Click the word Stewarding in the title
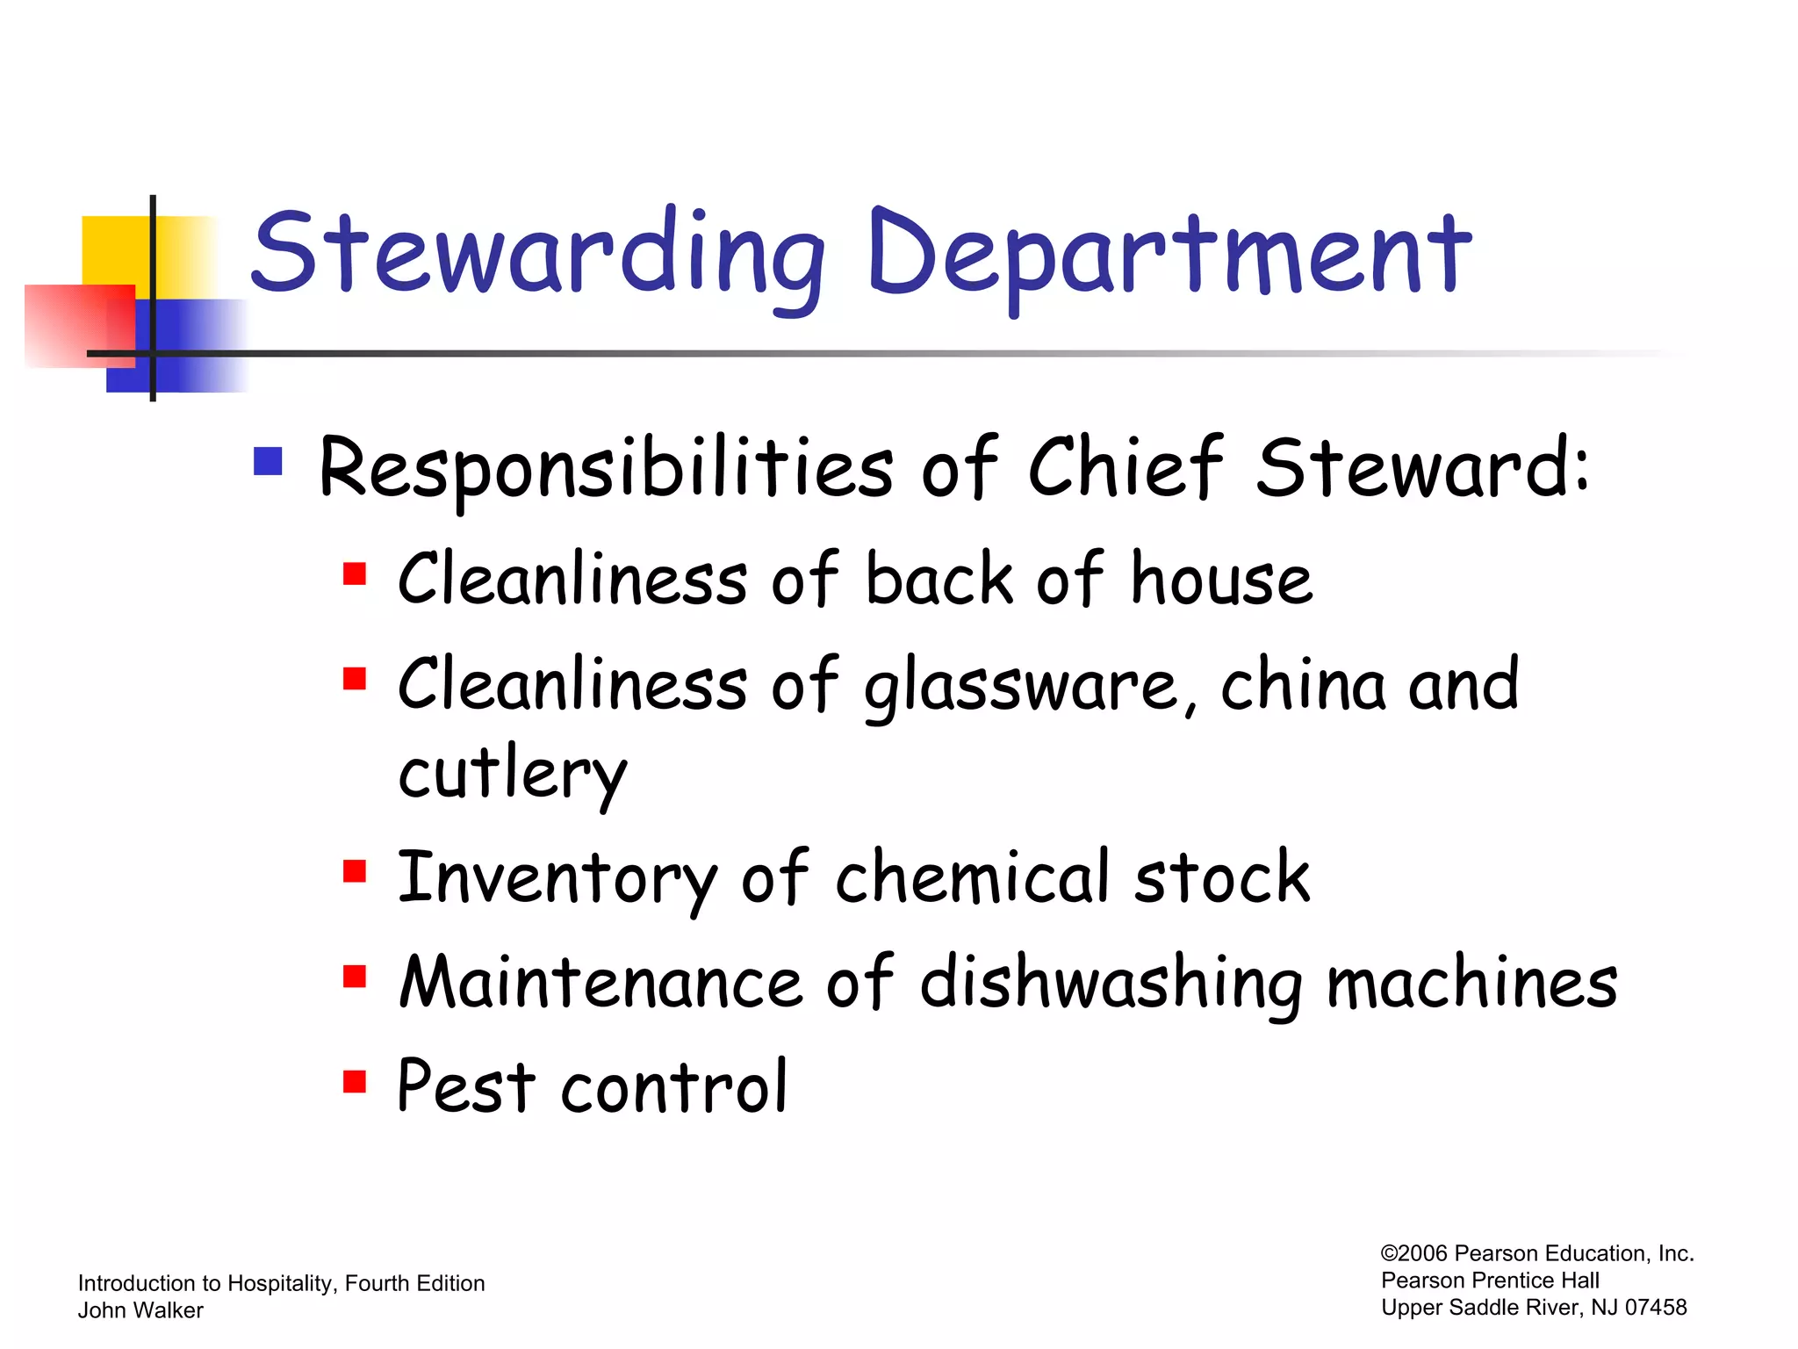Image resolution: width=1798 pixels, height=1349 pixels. click(537, 255)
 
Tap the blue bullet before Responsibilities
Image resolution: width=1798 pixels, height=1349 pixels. click(268, 461)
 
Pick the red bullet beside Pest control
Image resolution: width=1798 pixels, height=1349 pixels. click(355, 1080)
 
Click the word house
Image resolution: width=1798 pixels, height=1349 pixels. click(1221, 579)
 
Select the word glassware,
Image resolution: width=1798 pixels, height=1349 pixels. click(1031, 687)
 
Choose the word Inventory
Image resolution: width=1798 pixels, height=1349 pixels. click(557, 878)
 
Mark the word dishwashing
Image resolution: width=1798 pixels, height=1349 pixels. click(1111, 984)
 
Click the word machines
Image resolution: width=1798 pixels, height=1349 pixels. click(1471, 983)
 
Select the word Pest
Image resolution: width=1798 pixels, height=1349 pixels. click(465, 1087)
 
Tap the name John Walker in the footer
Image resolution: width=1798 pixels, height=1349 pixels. click(140, 1310)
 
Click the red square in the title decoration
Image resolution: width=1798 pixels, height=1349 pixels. click(79, 325)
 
